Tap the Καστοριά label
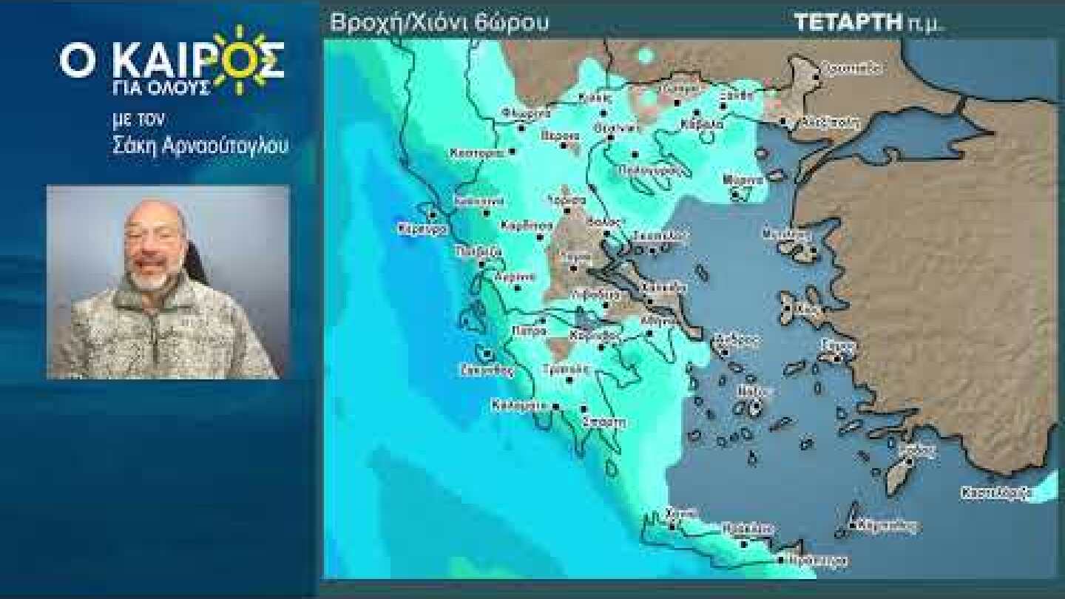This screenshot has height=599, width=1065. pyautogui.click(x=476, y=153)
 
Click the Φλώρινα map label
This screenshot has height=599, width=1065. pyautogui.click(x=526, y=113)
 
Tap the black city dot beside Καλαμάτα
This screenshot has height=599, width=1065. pyautogui.click(x=555, y=406)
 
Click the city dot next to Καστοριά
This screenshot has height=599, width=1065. pyautogui.click(x=513, y=152)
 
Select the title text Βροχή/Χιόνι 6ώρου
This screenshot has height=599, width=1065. pyautogui.click(x=439, y=23)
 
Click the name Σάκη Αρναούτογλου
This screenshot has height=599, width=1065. pyautogui.click(x=200, y=146)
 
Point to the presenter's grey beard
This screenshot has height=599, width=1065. pyautogui.click(x=152, y=280)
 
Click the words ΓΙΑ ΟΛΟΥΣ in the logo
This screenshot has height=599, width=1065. pyautogui.click(x=169, y=89)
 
